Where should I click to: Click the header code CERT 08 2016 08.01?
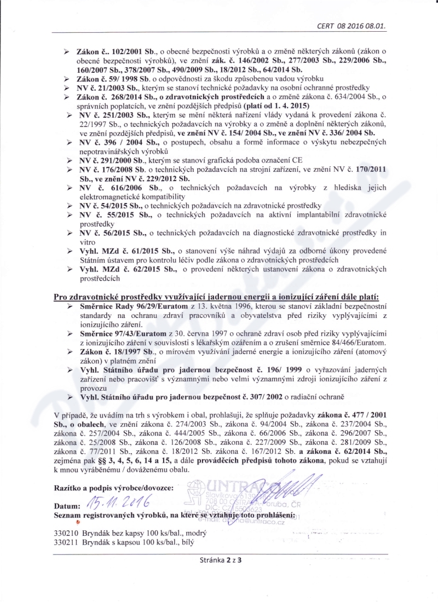pos(355,25)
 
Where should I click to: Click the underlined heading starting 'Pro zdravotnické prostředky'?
pos(220,297)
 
